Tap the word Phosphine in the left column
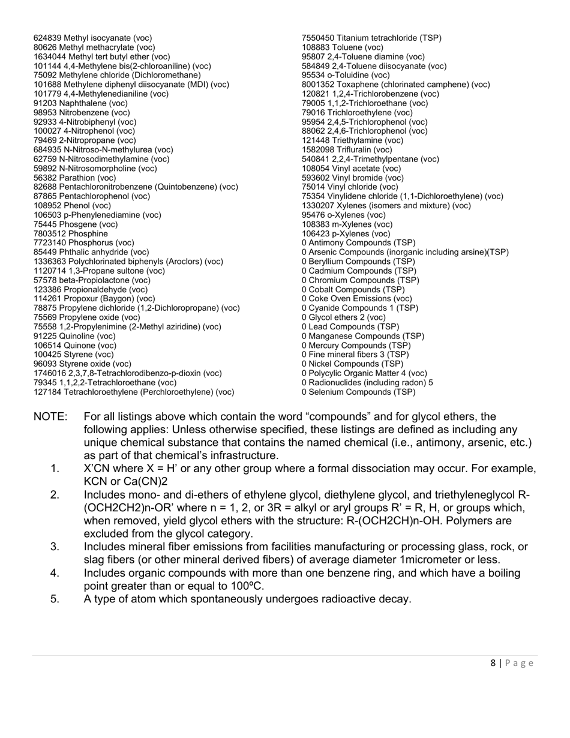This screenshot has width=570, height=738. tap(88, 233)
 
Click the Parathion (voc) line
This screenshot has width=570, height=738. tap(74, 178)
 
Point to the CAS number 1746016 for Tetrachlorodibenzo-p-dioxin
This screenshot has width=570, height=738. tap(50, 373)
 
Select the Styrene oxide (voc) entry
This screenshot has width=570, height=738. tap(82, 364)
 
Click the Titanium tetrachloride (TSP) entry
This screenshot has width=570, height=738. tap(371, 38)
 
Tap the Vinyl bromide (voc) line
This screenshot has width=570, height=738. tap(352, 178)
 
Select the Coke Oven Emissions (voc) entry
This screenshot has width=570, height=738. tap(356, 298)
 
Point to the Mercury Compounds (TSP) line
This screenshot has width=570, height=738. tap(356, 345)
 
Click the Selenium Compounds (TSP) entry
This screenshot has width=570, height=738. tap(358, 392)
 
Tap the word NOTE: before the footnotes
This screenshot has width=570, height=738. tap(50, 416)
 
